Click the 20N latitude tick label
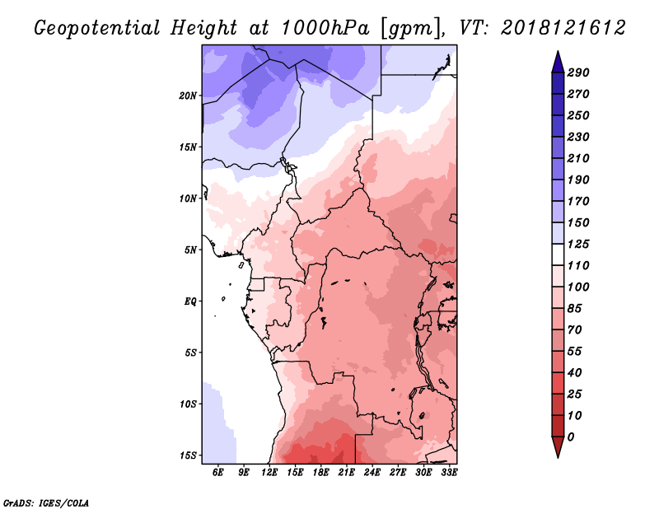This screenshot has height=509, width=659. point(188,96)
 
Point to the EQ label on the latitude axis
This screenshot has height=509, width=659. point(190,301)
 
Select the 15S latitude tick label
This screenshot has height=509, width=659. point(188,455)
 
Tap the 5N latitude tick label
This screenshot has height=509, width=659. point(190,250)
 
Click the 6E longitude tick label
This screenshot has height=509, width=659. point(217,472)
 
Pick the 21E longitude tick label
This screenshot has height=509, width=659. point(346,472)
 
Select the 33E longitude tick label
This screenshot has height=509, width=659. point(449,472)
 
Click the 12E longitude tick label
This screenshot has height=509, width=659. point(269,472)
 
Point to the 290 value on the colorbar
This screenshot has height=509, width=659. point(578,72)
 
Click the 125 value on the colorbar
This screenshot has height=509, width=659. point(578,244)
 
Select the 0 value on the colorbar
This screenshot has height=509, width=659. point(570,437)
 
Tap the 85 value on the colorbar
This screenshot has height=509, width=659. point(574,309)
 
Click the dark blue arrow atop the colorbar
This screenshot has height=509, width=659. point(558,63)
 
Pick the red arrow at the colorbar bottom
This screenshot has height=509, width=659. point(558,447)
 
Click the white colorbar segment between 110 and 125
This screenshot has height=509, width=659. point(558,254)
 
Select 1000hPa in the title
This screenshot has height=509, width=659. point(325,28)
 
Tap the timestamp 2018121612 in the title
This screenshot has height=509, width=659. point(563,28)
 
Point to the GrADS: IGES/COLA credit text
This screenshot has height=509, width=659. point(46,502)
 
